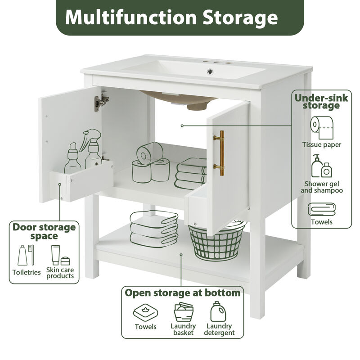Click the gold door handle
pos(220,153)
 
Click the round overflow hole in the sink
pos(209,71)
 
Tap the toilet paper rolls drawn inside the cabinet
pos(150,162)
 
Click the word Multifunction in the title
pos(126,18)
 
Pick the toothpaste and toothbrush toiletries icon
pos(25,255)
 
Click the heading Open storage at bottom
pos(182,293)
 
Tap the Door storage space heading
pos(44,231)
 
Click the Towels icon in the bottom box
pos(145,312)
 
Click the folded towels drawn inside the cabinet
pos(191,171)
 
